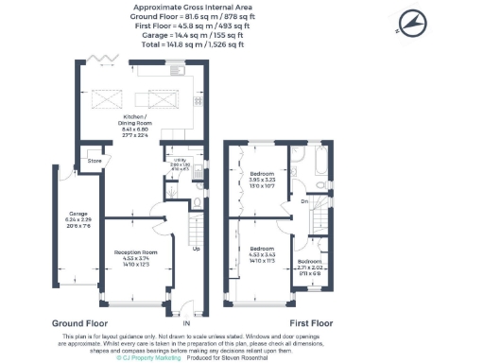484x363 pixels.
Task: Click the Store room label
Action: (94, 161)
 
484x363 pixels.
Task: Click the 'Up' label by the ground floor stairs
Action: (197, 249)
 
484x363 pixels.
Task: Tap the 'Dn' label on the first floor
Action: (303, 200)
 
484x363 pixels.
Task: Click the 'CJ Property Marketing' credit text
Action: (149, 357)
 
